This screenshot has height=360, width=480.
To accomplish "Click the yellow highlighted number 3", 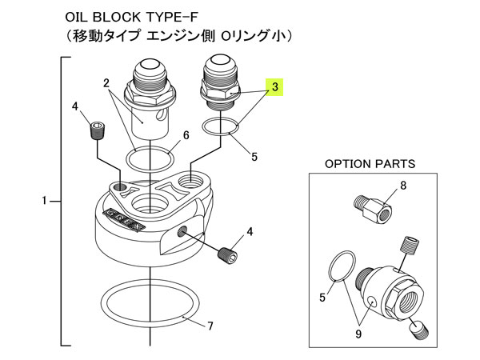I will point(275,88).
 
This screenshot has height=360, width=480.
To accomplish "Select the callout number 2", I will point(106,82).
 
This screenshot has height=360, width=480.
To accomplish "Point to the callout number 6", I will point(186,135).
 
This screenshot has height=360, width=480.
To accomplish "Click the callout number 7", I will point(210,326).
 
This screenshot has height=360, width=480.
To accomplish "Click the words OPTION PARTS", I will point(369,163).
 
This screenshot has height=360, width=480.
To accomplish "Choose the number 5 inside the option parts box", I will point(323,298).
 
